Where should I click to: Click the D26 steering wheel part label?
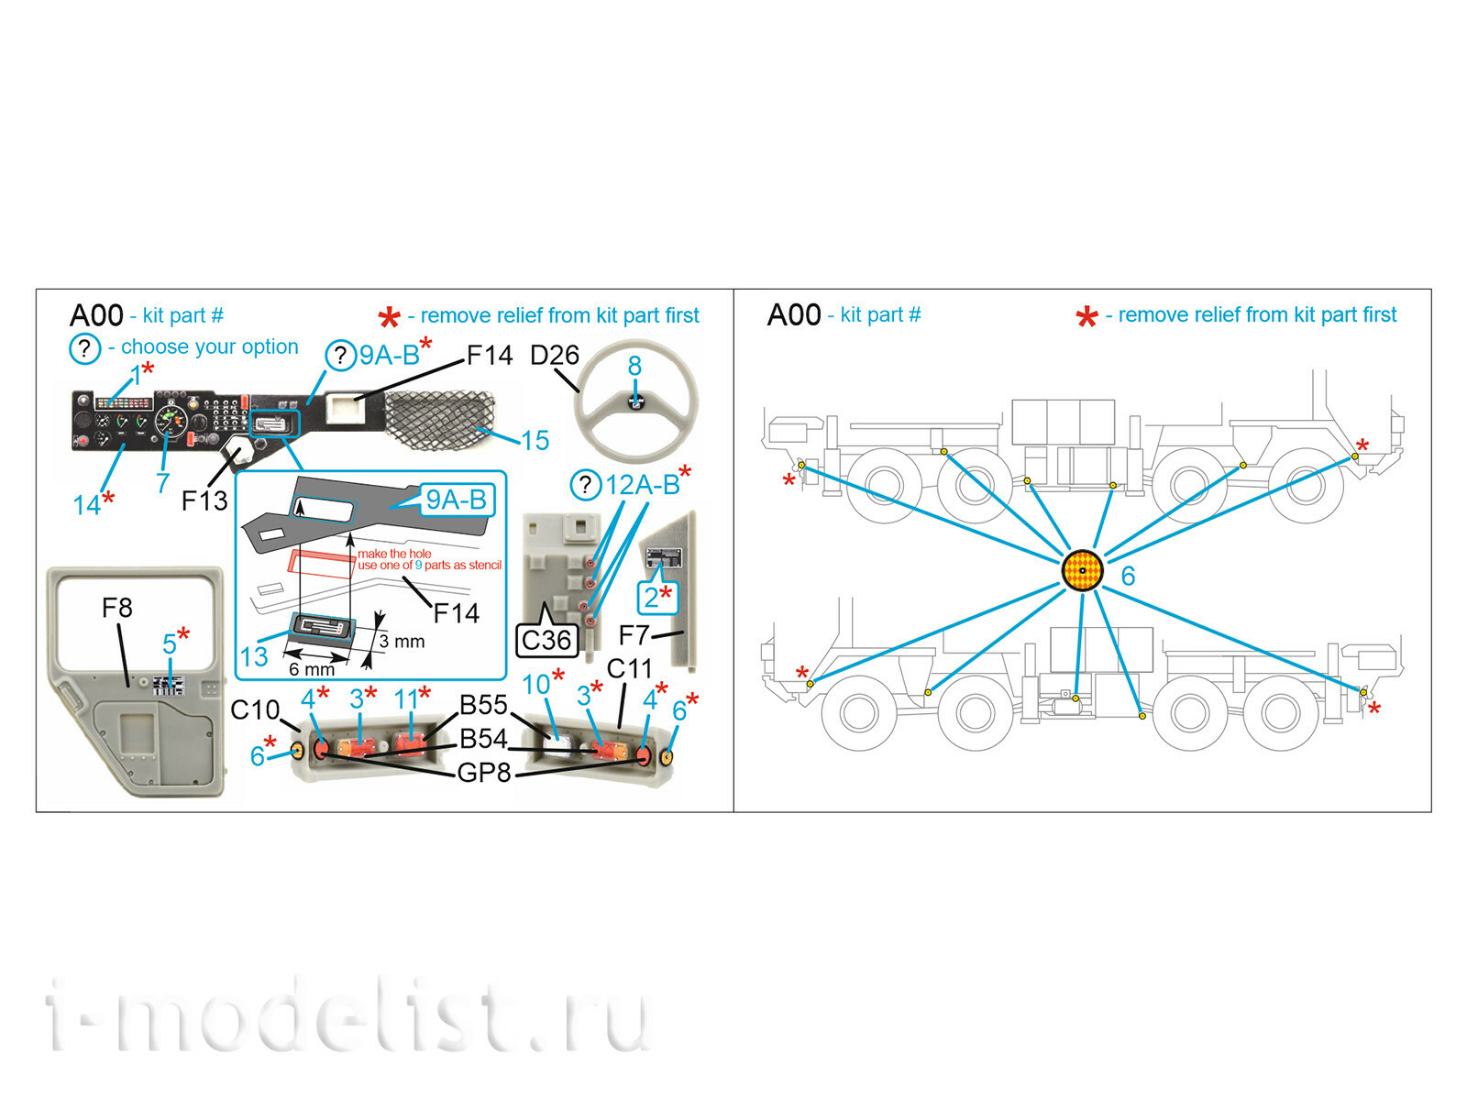click(x=554, y=356)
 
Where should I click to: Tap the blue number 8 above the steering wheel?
click(x=634, y=366)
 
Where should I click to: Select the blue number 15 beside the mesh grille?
click(x=535, y=441)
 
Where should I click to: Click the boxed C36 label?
click(x=546, y=641)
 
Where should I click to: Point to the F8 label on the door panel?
click(x=117, y=608)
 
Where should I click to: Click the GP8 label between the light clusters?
click(x=484, y=773)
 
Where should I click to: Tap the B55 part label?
click(x=483, y=705)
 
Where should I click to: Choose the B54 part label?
click(x=483, y=739)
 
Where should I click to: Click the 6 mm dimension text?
click(x=312, y=668)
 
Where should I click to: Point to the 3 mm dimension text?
click(x=402, y=641)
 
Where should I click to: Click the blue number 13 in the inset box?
click(x=254, y=656)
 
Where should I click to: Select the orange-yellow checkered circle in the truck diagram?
click(x=1082, y=571)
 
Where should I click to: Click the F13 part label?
click(x=204, y=500)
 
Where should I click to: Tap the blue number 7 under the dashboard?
click(x=163, y=482)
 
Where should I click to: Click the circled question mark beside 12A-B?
click(x=586, y=485)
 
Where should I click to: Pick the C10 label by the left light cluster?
click(x=255, y=709)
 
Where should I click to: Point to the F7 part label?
click(x=634, y=635)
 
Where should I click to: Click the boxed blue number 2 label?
click(x=658, y=597)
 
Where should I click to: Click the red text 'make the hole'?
click(x=394, y=554)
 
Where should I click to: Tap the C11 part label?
click(x=629, y=668)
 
